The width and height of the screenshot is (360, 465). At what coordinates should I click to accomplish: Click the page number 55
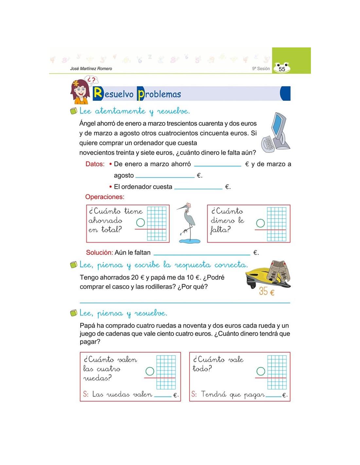coord(281,69)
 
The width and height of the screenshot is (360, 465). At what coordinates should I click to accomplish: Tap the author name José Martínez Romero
coord(91,69)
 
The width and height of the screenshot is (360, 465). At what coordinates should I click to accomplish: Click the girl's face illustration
coord(80,90)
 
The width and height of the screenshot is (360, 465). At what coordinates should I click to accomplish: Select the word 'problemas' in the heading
coord(159,94)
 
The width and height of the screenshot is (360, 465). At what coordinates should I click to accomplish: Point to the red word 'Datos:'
coord(95,164)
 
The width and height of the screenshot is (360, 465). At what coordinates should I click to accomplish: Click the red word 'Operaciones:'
coord(105,197)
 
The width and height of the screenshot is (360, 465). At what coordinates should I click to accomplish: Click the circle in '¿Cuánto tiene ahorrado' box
coord(140,223)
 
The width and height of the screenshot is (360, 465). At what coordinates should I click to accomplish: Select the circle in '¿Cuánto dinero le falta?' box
coord(261,223)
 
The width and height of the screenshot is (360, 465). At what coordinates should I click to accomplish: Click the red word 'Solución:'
coord(99,252)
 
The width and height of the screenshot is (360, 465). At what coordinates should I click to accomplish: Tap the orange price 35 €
coord(266,291)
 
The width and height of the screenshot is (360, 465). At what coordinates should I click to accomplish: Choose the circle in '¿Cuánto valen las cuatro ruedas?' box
coord(150,371)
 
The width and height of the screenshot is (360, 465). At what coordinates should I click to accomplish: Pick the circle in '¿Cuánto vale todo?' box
coord(261,371)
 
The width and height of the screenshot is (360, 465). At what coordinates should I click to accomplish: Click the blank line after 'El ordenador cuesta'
coord(198,188)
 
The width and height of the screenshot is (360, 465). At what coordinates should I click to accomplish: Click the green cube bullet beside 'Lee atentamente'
coord(74,111)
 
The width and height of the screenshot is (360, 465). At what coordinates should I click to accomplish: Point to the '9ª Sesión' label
coord(261,69)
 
